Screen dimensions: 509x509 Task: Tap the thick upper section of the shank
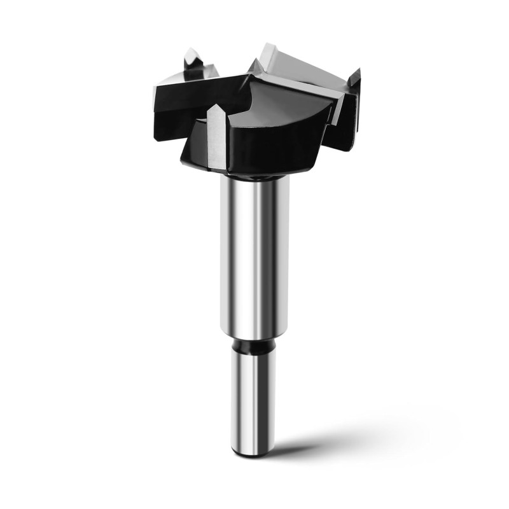click(254, 254)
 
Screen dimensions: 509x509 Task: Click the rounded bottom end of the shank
click(253, 452)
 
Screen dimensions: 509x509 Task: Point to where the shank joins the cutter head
click(254, 176)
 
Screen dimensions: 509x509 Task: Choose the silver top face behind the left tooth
click(175, 80)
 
